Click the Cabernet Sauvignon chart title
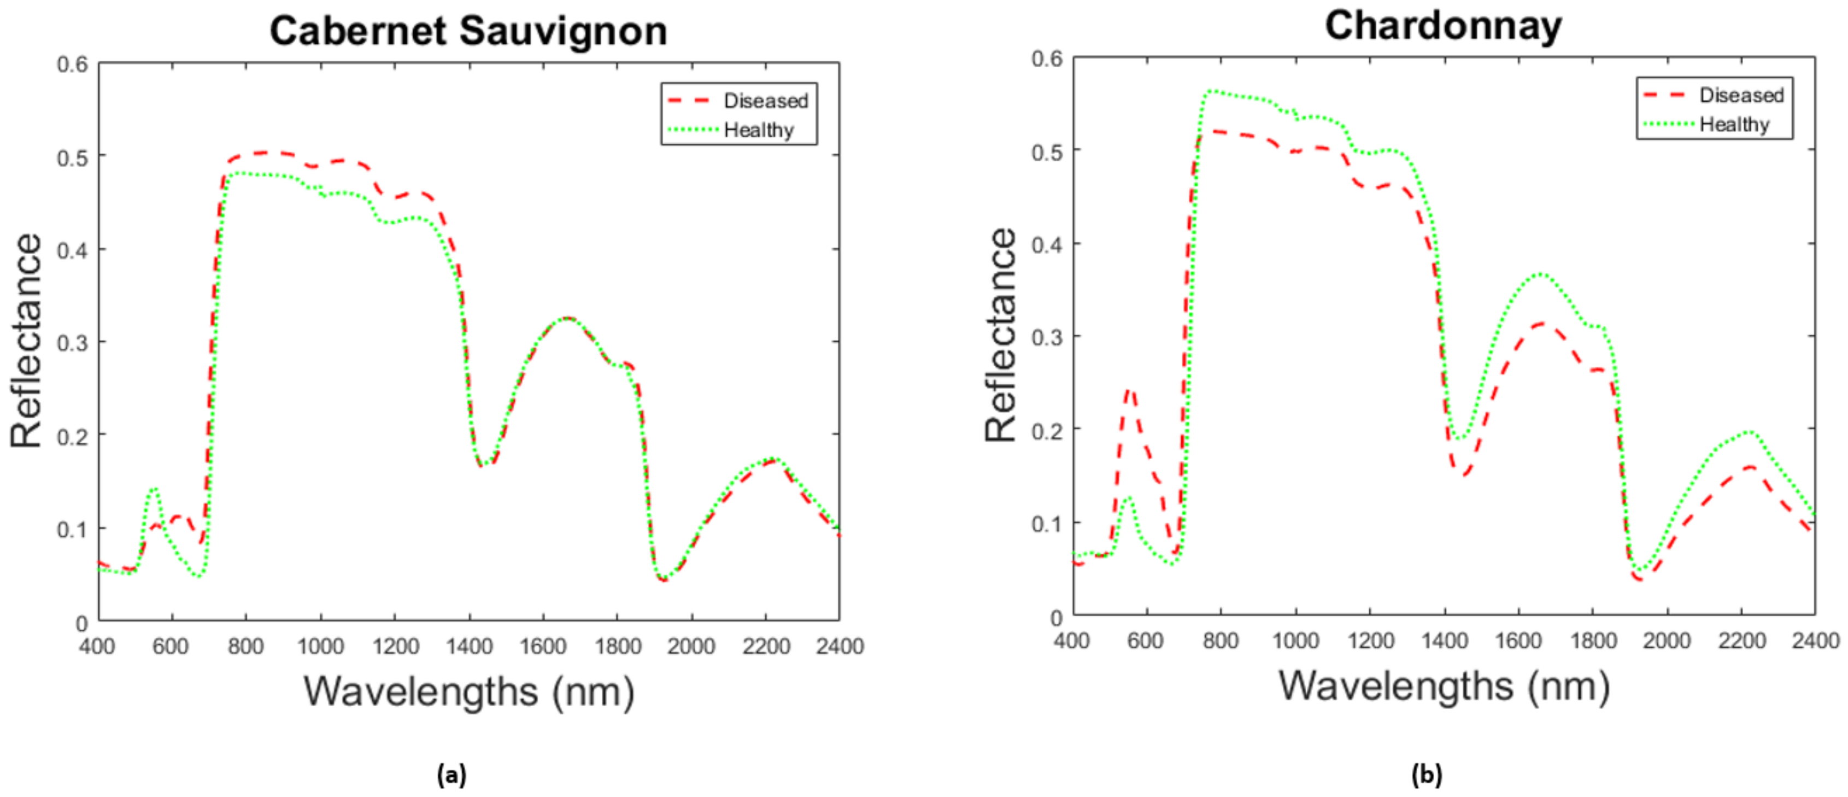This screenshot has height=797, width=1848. pos(468,32)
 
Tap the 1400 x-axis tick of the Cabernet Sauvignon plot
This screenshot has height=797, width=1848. pos(468,646)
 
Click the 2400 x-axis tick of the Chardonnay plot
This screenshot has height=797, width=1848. pos(1814,640)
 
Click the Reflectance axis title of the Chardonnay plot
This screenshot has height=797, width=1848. pos(1001,335)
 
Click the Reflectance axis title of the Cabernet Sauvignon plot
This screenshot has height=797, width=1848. pos(26,341)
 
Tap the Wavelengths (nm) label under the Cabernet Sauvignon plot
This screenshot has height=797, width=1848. pos(468,691)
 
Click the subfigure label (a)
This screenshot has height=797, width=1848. pos(451,775)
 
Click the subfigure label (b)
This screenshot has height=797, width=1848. pos(1426,775)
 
